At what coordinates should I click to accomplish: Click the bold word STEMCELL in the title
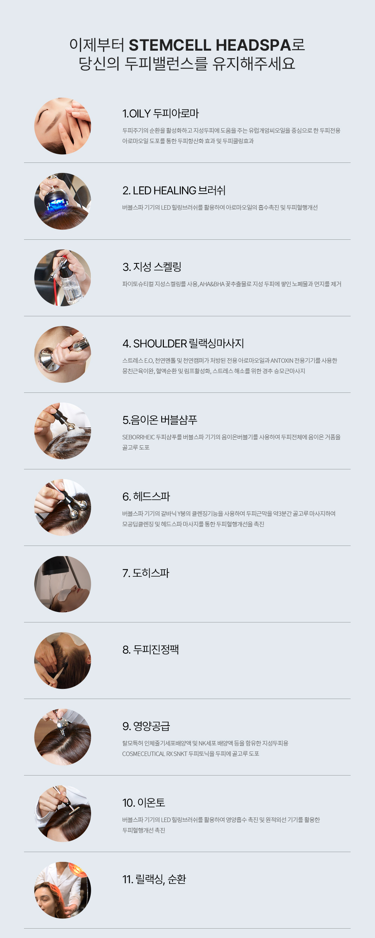coord(170,45)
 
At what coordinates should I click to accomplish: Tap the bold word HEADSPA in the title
coord(253,45)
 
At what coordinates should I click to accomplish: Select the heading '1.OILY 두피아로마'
coord(160,113)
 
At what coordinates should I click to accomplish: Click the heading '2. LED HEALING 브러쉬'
coord(174,190)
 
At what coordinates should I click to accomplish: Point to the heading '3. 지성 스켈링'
coord(152,267)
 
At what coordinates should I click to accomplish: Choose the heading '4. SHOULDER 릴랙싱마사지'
coord(183,343)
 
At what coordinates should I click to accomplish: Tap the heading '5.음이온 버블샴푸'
coord(160,420)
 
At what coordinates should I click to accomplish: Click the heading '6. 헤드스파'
coord(146,496)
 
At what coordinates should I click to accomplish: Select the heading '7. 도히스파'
coord(146,573)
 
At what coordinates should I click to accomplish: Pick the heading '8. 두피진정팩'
coord(150,649)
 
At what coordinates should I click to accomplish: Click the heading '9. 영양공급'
coord(146,726)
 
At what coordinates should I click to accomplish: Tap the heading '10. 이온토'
coord(144,803)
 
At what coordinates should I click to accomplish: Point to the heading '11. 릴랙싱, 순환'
coord(154,879)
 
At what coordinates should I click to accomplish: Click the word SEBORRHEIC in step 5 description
coord(138,437)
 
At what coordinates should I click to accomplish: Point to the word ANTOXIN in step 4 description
coord(282,361)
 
